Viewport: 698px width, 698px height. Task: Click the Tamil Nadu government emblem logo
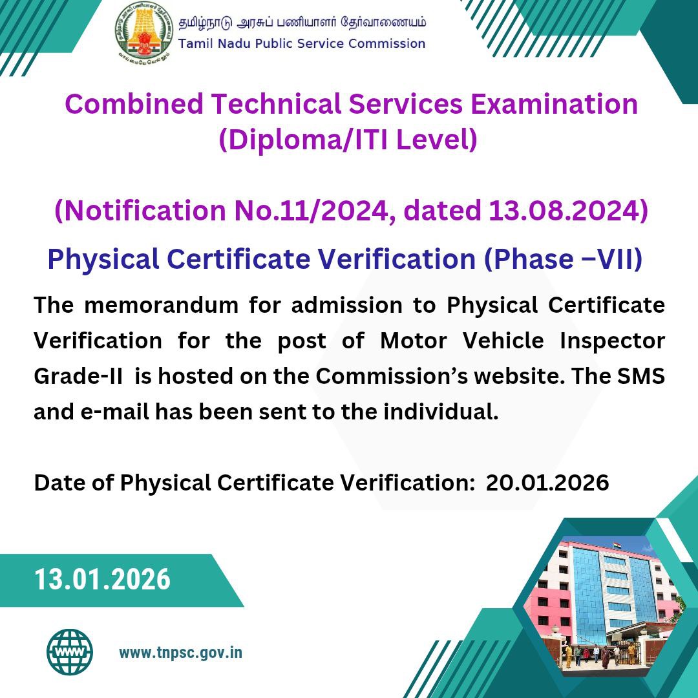pos(143,32)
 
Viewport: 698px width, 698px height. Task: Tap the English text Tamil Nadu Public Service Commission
pos(302,44)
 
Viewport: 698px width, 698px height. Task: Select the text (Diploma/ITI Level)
pos(348,140)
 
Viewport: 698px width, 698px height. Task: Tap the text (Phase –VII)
pos(563,259)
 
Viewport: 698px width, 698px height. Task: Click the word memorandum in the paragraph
pos(162,306)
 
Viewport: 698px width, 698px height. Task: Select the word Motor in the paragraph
pos(414,341)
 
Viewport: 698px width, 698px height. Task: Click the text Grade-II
pos(78,377)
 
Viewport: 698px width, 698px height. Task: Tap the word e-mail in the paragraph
pos(114,412)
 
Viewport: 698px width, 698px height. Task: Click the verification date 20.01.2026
pos(547,483)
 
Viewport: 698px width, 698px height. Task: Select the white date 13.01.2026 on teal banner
pos(102,580)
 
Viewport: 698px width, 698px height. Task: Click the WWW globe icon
pos(70,652)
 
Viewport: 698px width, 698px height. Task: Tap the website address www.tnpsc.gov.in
pos(181,653)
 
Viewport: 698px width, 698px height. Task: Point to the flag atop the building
pos(617,544)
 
